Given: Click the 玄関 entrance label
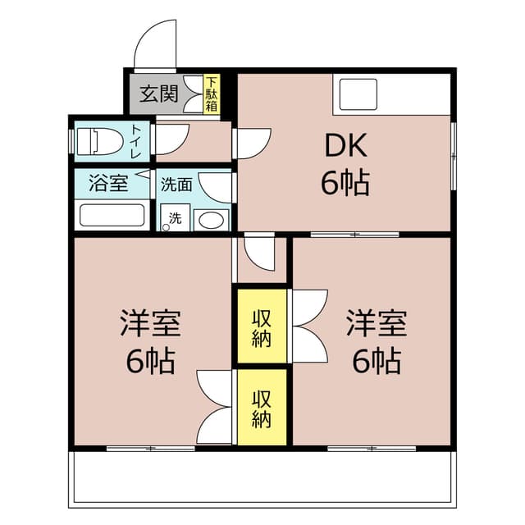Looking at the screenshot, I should click(158, 94).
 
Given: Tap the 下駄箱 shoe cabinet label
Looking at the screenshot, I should click(212, 94).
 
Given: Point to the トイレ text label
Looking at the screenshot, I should click(136, 141).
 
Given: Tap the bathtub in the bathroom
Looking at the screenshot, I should click(110, 217).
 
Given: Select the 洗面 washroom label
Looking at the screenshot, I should click(176, 185).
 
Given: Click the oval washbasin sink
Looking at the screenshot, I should click(212, 220).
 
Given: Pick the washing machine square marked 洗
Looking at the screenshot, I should click(175, 218).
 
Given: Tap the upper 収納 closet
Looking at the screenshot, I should click(262, 326).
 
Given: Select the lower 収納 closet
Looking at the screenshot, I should click(262, 409).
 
